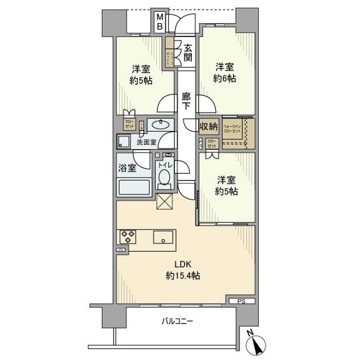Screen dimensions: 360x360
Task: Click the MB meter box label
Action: pyautogui.click(x=160, y=21)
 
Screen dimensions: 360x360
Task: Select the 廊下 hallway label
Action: pyautogui.click(x=186, y=101)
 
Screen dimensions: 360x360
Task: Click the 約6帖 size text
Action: pyautogui.click(x=225, y=78)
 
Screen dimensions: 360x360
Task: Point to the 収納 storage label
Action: pyautogui.click(x=209, y=125)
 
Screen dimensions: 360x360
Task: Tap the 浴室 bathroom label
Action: pyautogui.click(x=127, y=167)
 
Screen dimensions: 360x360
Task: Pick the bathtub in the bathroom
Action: pyautogui.click(x=134, y=187)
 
